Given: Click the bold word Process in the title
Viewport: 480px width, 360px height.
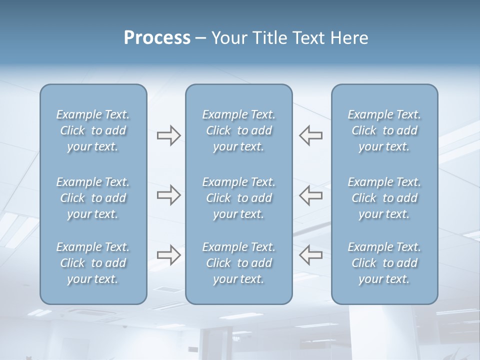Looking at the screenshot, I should (157, 38).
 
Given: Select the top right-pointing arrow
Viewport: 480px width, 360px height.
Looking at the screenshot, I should (168, 135).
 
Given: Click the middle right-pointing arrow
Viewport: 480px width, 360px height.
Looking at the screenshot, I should (168, 195).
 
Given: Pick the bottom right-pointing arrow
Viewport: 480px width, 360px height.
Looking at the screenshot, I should (168, 255).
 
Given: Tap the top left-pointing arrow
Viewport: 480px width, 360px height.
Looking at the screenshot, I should (311, 135).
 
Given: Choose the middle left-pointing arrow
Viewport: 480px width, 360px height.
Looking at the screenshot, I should (311, 195).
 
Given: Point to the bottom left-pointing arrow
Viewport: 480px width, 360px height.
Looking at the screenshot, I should (311, 255).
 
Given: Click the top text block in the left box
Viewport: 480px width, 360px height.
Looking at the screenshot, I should (93, 130).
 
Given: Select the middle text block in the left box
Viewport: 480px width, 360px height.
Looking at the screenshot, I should (93, 198).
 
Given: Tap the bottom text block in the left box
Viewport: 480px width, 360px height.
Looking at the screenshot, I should (93, 263).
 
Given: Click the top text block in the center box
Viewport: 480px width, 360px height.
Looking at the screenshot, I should (238, 130).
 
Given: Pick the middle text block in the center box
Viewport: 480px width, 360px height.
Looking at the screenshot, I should (238, 198).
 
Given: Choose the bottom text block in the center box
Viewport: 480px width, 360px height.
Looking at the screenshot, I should (238, 263).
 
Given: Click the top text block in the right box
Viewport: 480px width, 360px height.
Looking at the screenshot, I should (384, 130).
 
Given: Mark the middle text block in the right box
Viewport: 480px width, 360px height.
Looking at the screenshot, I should (384, 198).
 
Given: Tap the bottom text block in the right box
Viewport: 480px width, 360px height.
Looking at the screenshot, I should (384, 263).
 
